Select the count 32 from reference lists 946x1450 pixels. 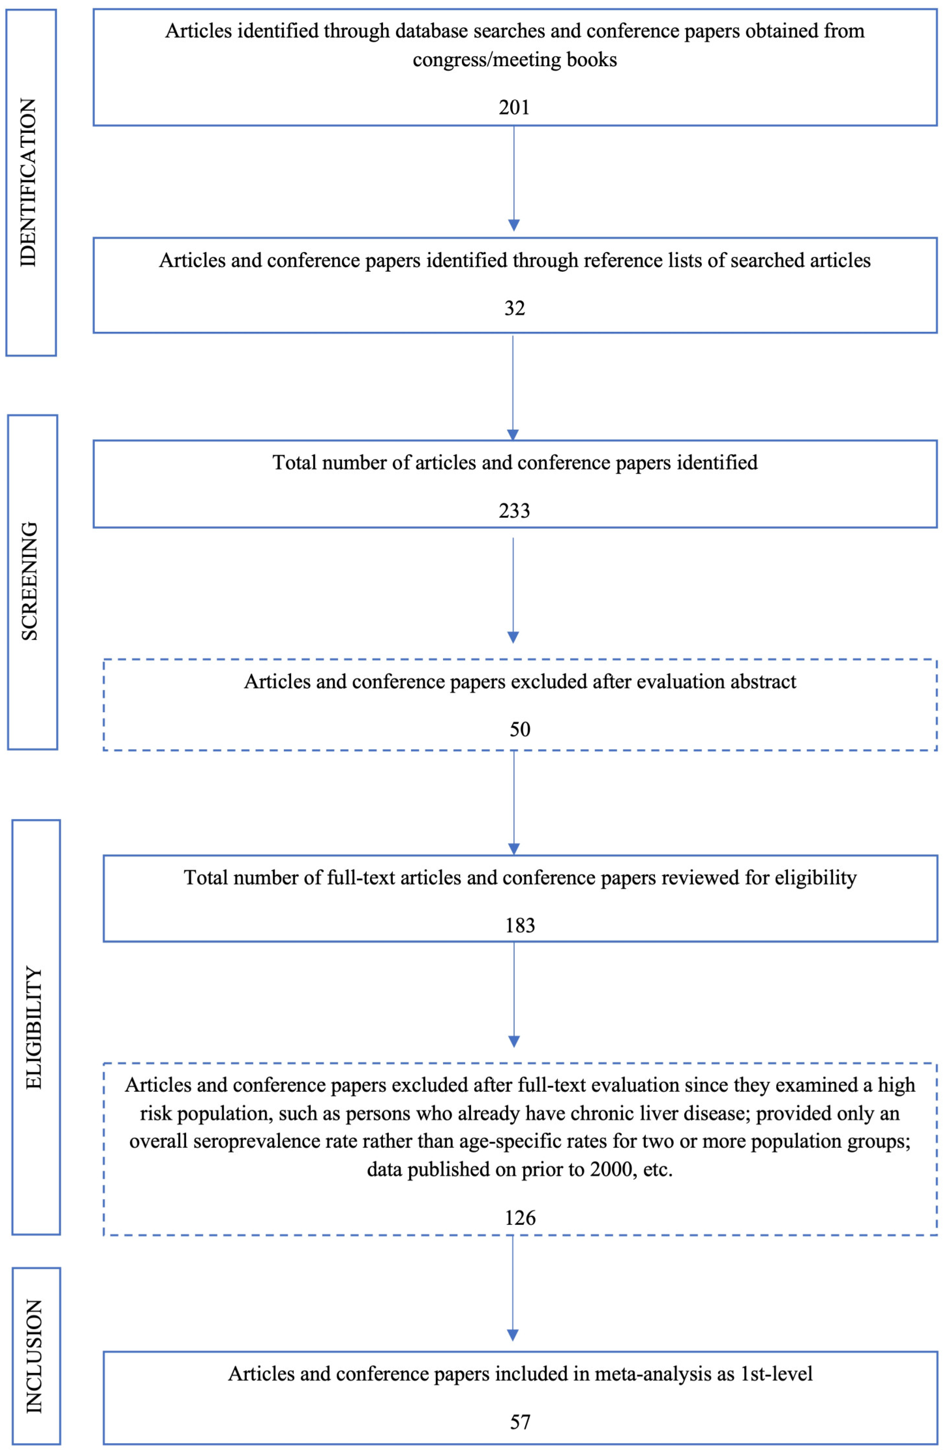point(514,308)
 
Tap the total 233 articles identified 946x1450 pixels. point(514,511)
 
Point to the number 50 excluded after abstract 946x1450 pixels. point(520,729)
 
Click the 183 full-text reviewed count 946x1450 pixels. point(520,925)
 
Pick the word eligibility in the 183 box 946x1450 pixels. point(815,878)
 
